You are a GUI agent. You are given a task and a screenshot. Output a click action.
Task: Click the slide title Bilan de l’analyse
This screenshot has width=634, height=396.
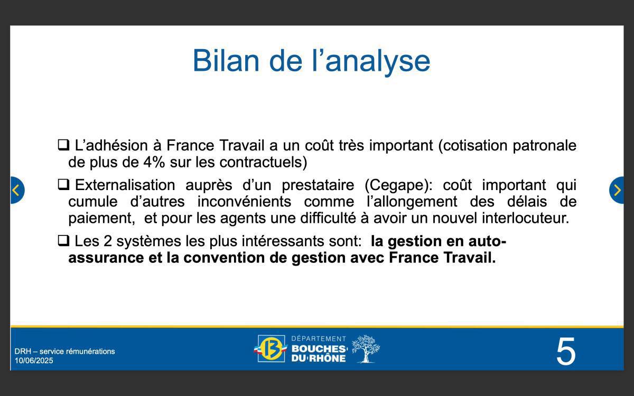[x=311, y=60]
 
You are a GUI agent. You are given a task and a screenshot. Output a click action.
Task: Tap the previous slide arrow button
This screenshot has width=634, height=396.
[x=16, y=190]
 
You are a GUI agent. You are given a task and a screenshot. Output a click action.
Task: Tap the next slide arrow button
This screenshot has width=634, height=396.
[x=617, y=190]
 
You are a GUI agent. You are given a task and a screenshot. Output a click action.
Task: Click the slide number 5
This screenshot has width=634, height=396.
[x=565, y=352]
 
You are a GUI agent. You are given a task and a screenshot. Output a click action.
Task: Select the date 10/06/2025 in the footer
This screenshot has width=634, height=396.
[x=34, y=361]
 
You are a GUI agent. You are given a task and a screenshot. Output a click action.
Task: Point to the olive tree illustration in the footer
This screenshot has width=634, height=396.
[x=365, y=348]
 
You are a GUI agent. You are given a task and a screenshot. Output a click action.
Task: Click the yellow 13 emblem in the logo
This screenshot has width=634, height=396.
[x=272, y=349]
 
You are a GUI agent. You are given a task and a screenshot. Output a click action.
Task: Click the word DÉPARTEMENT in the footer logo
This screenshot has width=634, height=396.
[x=319, y=338]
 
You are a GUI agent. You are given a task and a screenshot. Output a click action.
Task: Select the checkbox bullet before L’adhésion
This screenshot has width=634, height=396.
[x=63, y=144]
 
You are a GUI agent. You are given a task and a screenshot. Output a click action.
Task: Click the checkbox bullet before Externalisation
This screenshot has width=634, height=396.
[x=63, y=184]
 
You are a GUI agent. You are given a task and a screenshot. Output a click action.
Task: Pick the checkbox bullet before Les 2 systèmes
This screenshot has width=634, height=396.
[x=63, y=241]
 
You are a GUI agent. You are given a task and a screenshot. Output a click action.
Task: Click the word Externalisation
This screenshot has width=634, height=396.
[x=125, y=185]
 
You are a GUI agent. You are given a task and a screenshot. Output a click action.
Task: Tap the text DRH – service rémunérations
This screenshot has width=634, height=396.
[x=64, y=351]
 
